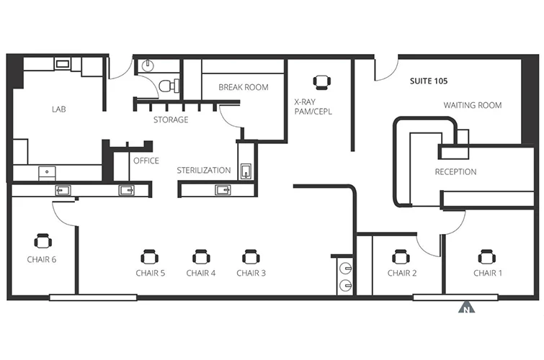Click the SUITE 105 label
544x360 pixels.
pyautogui.click(x=429, y=81)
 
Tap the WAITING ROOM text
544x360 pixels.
pyautogui.click(x=473, y=105)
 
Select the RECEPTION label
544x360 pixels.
pyautogui.click(x=455, y=171)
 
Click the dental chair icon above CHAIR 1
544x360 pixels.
pyautogui.click(x=487, y=257)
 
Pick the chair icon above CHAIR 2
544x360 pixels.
pyautogui.click(x=401, y=257)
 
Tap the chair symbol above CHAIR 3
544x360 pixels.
pyautogui.click(x=251, y=257)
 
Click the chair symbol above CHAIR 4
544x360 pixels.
pyautogui.click(x=201, y=257)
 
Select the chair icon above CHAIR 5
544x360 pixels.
pyautogui.click(x=150, y=257)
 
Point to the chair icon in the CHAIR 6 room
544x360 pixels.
pyautogui.click(x=43, y=241)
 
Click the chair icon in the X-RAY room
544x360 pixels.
pyautogui.click(x=322, y=82)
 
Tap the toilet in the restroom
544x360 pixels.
pyautogui.click(x=169, y=86)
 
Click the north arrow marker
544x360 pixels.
pyautogui.click(x=467, y=307)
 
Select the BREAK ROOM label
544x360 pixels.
pyautogui.click(x=244, y=87)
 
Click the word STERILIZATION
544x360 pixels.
pyautogui.click(x=204, y=171)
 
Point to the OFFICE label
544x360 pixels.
pyautogui.click(x=146, y=161)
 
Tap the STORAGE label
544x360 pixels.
pyautogui.click(x=171, y=120)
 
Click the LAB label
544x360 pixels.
pyautogui.click(x=58, y=109)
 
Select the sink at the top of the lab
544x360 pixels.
pyautogui.click(x=63, y=64)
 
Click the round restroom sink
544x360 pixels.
pyautogui.click(x=148, y=65)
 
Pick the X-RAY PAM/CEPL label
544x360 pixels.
pyautogui.click(x=313, y=107)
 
